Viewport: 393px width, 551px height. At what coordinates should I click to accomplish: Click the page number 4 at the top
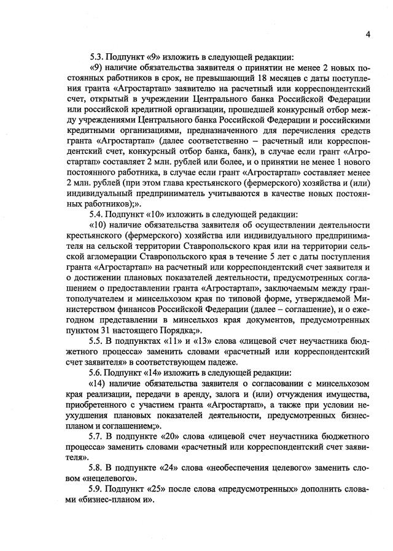coord(367,34)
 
